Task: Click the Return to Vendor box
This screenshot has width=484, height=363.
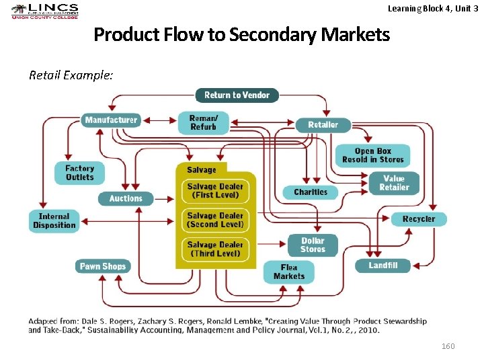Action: [x=237, y=95]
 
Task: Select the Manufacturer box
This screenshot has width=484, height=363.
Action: [x=111, y=120]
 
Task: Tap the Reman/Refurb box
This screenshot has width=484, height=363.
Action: [x=203, y=122]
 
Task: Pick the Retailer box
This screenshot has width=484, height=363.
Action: [x=323, y=125]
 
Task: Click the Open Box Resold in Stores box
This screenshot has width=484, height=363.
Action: [x=372, y=155]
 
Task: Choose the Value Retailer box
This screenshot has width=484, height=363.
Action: [x=394, y=183]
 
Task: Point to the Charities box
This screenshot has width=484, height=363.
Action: [x=310, y=192]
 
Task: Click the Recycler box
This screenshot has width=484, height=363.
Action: [x=418, y=219]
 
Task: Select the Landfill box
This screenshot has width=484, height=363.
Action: [x=383, y=266]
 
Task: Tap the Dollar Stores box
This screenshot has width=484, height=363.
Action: [x=313, y=245]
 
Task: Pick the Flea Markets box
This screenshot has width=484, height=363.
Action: [x=289, y=272]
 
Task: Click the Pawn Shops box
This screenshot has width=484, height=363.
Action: [x=102, y=266]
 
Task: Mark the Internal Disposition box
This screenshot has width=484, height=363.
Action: [x=54, y=220]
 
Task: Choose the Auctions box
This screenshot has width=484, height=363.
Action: [x=126, y=198]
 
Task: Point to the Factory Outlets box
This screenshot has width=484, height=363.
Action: [x=80, y=173]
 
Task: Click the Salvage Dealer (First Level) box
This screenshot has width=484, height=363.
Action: [x=215, y=191]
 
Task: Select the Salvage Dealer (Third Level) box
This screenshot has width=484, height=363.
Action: [x=215, y=249]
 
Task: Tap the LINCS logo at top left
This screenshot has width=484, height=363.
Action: [x=45, y=11]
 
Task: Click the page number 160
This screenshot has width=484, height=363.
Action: [x=448, y=346]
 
